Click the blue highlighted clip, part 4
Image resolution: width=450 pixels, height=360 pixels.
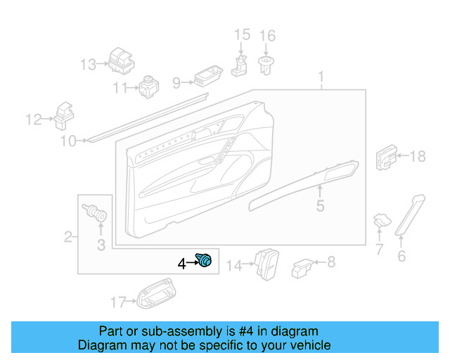point(205,262)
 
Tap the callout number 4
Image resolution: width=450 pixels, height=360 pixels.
point(181,264)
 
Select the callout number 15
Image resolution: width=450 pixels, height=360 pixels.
point(242,35)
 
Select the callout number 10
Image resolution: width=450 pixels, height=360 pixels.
point(67,142)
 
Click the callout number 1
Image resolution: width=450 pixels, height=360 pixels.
point(321,77)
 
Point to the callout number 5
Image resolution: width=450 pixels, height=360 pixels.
point(320,206)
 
